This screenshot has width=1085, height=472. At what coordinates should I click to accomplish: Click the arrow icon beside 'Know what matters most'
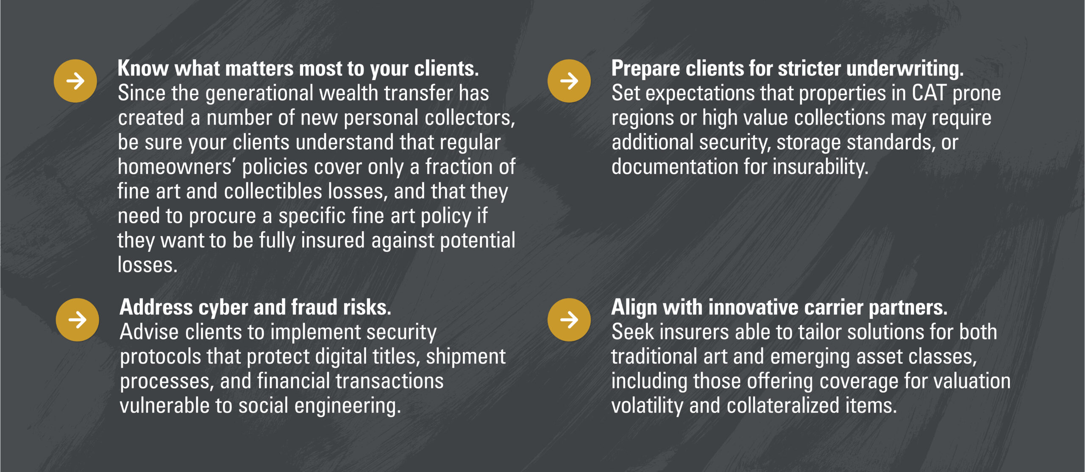tap(75, 81)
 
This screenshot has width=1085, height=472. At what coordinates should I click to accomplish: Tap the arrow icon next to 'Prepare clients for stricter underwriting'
tap(569, 81)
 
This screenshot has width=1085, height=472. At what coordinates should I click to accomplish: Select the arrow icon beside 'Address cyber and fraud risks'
tap(78, 320)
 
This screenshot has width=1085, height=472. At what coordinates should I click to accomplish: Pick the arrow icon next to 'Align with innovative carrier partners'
tap(569, 320)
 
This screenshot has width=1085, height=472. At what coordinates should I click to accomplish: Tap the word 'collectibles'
tap(273, 191)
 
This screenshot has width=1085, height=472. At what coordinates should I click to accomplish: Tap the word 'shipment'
tap(466, 357)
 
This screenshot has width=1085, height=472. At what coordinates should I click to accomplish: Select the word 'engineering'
tap(348, 406)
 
